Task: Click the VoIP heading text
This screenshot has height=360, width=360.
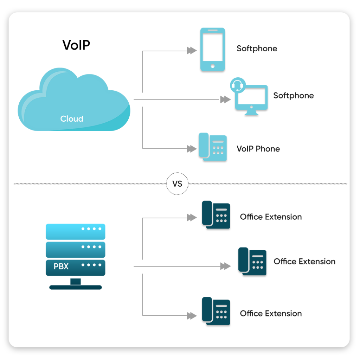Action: [x=76, y=45]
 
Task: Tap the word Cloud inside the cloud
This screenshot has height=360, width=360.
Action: [x=72, y=119]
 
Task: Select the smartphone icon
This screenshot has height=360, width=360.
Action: [x=213, y=50]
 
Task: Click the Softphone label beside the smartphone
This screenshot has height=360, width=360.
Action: [x=257, y=49]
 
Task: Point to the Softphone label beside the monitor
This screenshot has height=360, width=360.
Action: [x=294, y=96]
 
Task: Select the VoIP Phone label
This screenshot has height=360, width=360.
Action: [x=258, y=149]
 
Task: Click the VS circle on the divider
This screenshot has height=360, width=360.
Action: [x=177, y=184]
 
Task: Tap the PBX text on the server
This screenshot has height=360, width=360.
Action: [x=61, y=266]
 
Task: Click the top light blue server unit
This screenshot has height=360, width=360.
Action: [x=76, y=231]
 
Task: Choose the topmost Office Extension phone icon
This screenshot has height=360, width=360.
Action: [x=216, y=215]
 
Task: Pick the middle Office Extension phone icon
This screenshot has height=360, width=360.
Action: [x=252, y=261]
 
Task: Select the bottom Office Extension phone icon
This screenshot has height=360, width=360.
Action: [x=216, y=311]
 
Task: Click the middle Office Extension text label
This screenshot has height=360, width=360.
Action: [x=304, y=262]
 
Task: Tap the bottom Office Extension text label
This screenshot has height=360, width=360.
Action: [x=271, y=313]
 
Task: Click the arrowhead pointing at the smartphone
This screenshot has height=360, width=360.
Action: [x=192, y=51]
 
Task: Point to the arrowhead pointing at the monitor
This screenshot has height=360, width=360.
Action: [x=225, y=99]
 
